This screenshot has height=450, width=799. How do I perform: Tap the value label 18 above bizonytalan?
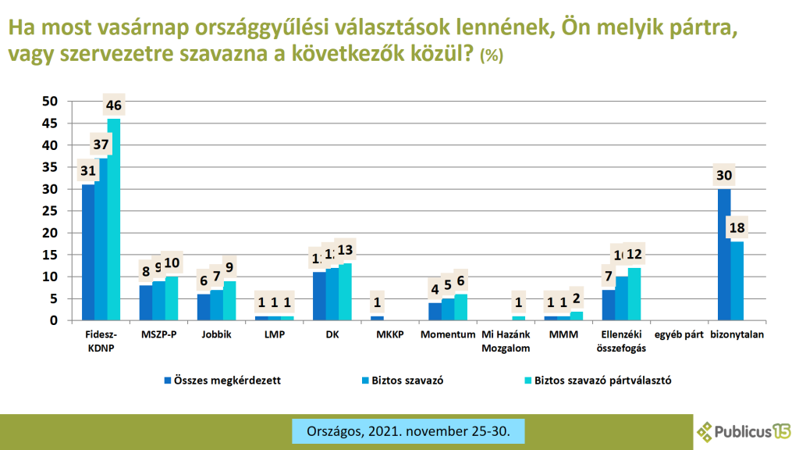pos(737,227)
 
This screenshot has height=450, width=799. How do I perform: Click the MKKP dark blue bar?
pos(377,318)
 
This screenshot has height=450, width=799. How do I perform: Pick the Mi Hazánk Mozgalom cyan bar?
pos(519,318)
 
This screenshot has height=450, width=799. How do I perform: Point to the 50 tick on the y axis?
pos(50,102)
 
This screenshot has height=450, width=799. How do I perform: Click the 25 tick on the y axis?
pos(50,211)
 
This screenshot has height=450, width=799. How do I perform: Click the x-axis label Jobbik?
pos(216,335)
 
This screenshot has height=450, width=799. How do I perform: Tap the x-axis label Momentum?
pos(448,335)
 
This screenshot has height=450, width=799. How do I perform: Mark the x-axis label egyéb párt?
pos(679,335)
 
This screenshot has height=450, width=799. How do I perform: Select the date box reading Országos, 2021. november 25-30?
pos(407,430)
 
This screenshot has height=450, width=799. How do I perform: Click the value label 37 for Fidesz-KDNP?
pos(101,145)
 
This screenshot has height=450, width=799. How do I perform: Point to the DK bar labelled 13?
pos(345,291)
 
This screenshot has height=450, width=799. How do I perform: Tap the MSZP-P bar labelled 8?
pos(146,302)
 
